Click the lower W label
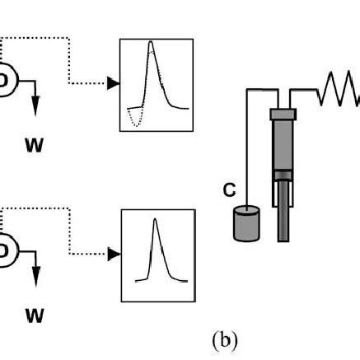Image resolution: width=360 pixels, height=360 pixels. coord(34,316)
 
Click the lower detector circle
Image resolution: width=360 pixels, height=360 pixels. coord(7,248)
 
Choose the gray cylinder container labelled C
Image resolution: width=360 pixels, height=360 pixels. coord(245,223)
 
